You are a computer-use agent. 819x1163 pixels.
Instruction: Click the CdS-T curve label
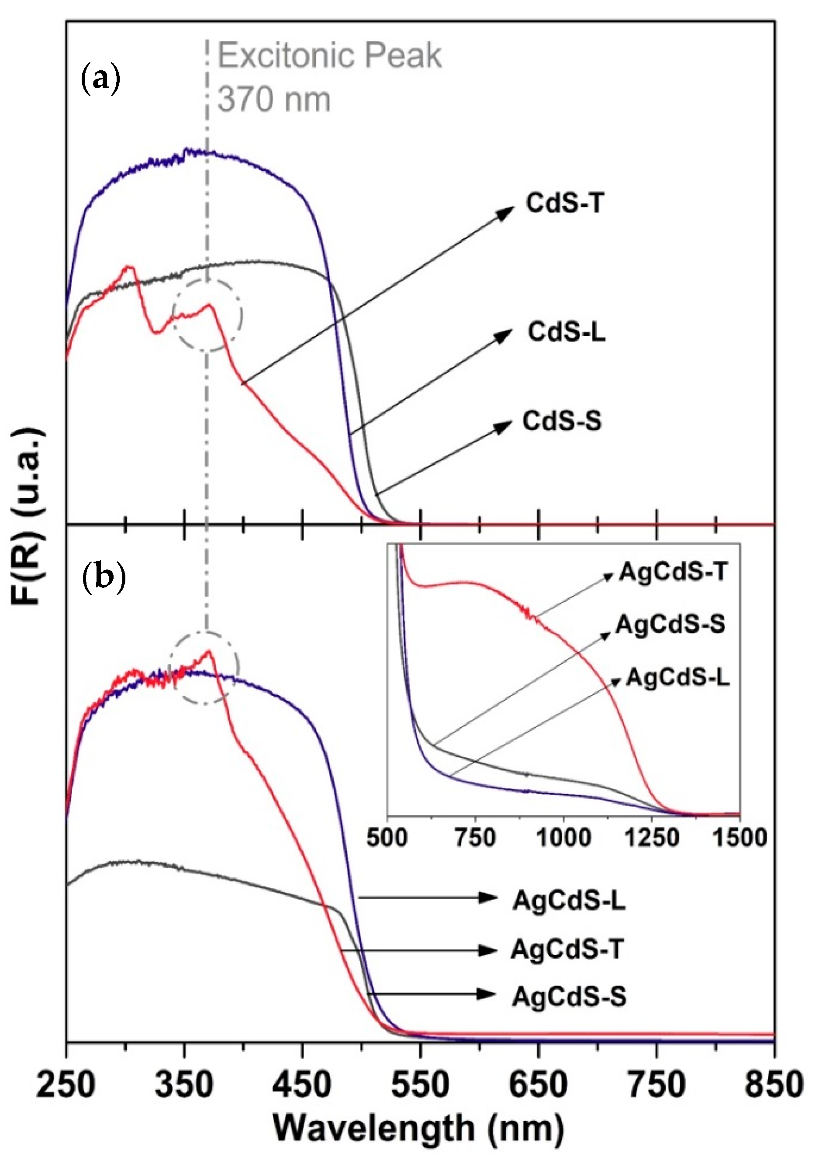pyautogui.click(x=565, y=204)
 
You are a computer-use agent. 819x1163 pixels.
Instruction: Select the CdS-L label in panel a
pyautogui.click(x=566, y=333)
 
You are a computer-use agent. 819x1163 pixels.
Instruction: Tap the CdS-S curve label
pyautogui.click(x=562, y=421)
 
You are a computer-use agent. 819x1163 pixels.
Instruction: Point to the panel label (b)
pyautogui.click(x=104, y=579)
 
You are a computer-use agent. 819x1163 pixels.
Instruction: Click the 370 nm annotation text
pyautogui.click(x=274, y=100)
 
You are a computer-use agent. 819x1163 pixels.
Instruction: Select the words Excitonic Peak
pyautogui.click(x=330, y=56)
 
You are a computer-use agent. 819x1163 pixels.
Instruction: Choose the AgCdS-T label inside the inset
pyautogui.click(x=673, y=573)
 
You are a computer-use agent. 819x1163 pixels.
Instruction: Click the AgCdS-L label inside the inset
pyautogui.click(x=678, y=678)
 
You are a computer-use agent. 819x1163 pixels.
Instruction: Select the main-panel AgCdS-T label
pyautogui.click(x=567, y=949)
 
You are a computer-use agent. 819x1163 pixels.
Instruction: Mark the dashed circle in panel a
pyautogui.click(x=207, y=314)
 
